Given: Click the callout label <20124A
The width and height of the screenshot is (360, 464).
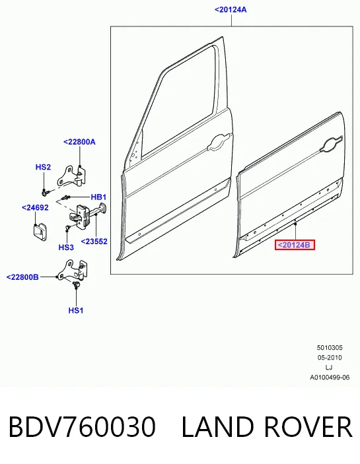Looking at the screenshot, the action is click(x=231, y=10).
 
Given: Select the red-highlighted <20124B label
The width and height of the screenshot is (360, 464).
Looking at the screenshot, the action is click(x=295, y=245).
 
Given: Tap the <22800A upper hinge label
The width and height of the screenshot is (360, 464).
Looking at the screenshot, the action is click(x=79, y=142).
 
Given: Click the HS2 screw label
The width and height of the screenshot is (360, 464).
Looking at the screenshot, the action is click(x=43, y=167).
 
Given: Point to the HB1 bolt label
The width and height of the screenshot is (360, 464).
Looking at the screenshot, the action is click(x=98, y=197).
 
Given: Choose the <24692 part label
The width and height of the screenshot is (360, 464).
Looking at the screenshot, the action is click(x=35, y=208).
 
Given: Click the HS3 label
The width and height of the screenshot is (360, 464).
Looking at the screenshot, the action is click(x=66, y=247).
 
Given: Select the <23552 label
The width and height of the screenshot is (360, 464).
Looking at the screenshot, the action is click(x=94, y=242).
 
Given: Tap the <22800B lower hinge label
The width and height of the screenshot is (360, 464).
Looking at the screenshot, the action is click(x=22, y=277).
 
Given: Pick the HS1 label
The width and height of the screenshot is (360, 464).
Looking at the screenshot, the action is click(x=76, y=310).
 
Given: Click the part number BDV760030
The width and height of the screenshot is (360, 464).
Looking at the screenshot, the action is click(x=82, y=427).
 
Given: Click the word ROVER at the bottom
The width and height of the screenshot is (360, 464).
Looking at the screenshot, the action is click(x=308, y=427).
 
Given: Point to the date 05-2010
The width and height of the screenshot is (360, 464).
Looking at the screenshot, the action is click(x=330, y=358).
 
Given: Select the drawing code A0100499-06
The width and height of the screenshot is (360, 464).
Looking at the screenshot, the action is click(x=330, y=378).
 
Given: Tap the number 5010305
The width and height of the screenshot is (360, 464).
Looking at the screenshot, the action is click(x=330, y=348).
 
